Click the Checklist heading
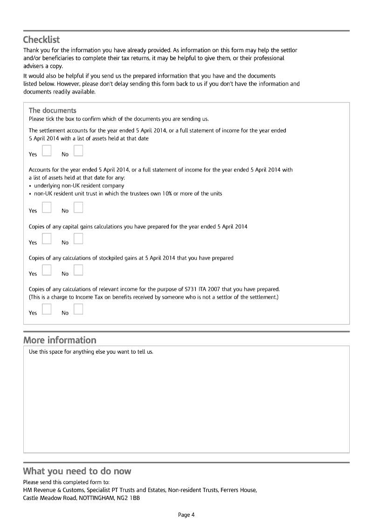[x=41, y=40]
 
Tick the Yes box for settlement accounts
[x=46, y=151]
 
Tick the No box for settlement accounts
[x=78, y=151]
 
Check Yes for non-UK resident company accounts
[x=46, y=207]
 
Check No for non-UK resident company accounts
[x=78, y=207]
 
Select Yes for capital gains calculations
[x=46, y=239]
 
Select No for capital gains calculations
[x=78, y=239]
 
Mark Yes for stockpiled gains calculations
[x=46, y=270]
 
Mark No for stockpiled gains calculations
[x=78, y=270]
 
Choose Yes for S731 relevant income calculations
[x=46, y=309]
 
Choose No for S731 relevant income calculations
[x=78, y=309]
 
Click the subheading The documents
[x=52, y=110]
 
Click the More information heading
[x=60, y=340]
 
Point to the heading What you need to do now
[x=77, y=471]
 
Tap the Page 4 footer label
[x=186, y=515]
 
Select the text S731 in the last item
[x=191, y=289]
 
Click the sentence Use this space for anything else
[x=91, y=352]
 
